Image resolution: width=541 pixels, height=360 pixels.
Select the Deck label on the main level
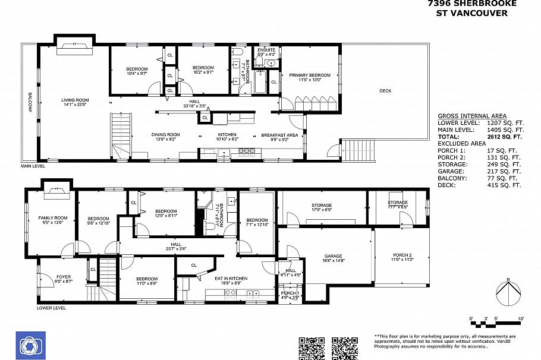(385, 90)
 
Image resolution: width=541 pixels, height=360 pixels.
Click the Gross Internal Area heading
(472, 116)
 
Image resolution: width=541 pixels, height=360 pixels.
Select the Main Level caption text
(33, 166)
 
